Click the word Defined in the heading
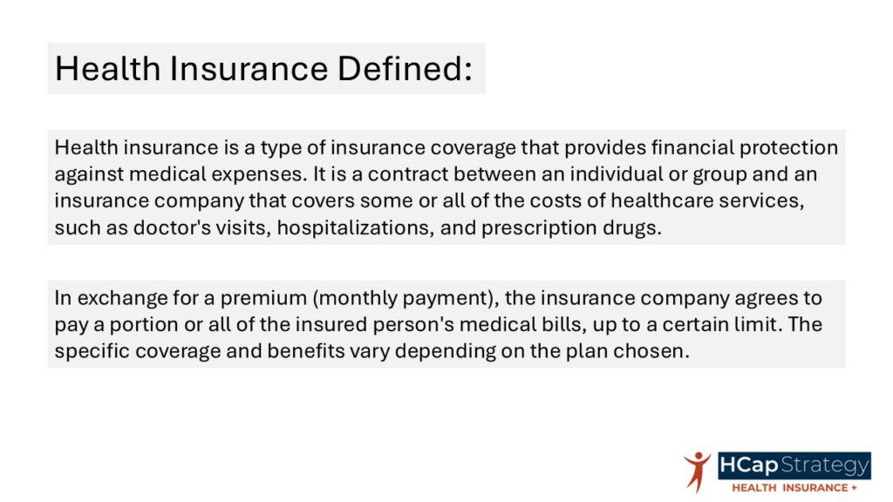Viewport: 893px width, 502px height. pos(405,68)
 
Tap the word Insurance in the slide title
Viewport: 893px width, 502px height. pos(249,68)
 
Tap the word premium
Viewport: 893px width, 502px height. pos(263,298)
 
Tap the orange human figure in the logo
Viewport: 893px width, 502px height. pos(697,471)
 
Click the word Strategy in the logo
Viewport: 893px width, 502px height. pos(825,465)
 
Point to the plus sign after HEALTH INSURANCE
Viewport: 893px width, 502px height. pos(854,488)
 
